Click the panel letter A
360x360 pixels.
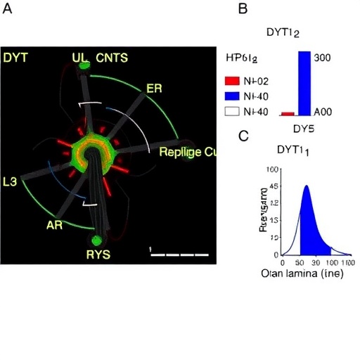[x=9, y=9]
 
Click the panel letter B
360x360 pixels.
[x=243, y=9]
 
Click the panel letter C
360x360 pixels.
[x=243, y=135]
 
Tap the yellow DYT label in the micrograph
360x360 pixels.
[x=15, y=58]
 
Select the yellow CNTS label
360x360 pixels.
[x=112, y=58]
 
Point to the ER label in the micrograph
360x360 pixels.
[x=153, y=89]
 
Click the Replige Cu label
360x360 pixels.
[x=186, y=152]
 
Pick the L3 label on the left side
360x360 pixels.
[x=11, y=181]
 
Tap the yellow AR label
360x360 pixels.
[x=55, y=225]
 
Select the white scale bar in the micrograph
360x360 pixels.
[x=180, y=254]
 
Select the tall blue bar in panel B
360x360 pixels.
[x=304, y=82]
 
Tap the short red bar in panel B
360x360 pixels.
[x=287, y=113]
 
